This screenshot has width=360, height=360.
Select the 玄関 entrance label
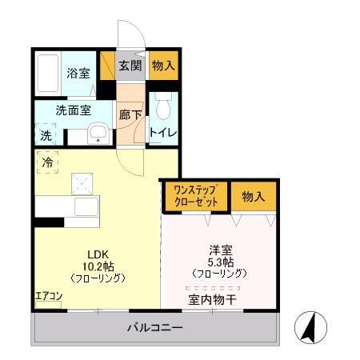click(x=130, y=66)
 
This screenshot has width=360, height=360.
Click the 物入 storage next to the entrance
click(x=162, y=66)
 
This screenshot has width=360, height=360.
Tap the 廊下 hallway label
click(x=130, y=115)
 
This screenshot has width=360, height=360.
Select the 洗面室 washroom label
click(x=73, y=110)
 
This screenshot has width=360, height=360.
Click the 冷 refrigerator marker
click(x=47, y=162)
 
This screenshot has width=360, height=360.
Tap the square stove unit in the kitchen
click(x=81, y=185)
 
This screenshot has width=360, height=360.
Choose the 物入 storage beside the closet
click(x=254, y=196)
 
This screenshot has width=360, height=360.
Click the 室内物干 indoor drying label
click(x=212, y=301)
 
